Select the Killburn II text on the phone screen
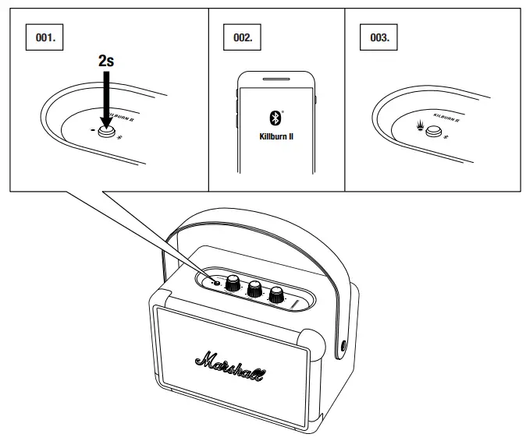275,136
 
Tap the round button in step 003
432,130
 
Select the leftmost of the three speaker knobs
233,284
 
